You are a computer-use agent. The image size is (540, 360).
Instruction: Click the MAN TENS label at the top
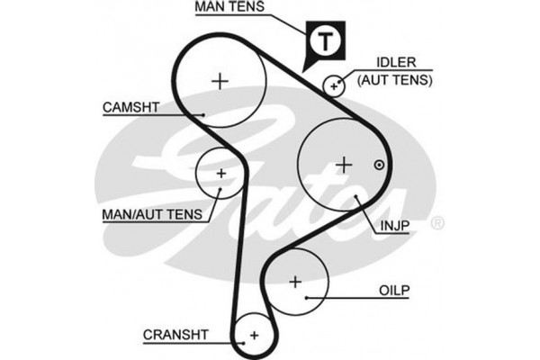231,8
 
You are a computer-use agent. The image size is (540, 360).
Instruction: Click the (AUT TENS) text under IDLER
395,79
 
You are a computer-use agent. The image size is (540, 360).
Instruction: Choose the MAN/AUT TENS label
152,216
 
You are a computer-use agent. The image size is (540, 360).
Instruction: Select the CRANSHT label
175,335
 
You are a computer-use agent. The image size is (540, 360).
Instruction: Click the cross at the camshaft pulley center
220,81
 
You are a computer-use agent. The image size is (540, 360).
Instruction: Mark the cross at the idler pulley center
335,86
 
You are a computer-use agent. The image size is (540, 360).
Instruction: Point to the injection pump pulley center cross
343,165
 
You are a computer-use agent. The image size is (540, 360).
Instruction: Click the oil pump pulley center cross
295,282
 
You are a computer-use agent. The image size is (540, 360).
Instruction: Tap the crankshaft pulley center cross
254,335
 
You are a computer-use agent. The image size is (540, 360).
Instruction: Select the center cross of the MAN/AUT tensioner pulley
220,171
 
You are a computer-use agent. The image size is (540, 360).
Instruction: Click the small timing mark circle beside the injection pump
379,165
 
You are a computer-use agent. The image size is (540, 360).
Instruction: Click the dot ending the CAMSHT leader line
204,114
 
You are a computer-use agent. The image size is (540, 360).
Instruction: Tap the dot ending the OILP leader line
307,296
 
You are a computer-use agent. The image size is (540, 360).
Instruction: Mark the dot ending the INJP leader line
357,195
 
